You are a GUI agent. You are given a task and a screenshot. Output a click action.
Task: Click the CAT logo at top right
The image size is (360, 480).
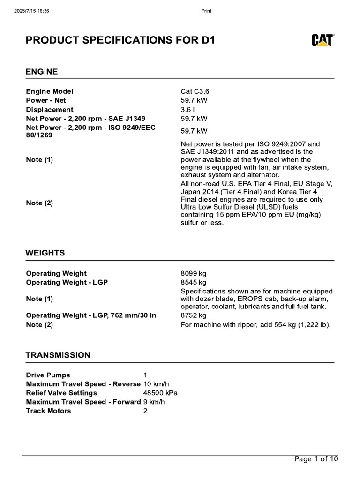[x=322, y=40]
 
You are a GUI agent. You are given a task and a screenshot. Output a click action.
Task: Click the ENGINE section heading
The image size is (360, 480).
[x=42, y=72]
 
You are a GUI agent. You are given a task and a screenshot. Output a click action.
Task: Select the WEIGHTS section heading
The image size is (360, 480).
[x=45, y=253]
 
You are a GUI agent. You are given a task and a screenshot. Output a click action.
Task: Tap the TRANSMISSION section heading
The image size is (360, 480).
[x=58, y=355]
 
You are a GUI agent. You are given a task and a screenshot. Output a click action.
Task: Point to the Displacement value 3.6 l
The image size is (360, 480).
[x=188, y=110]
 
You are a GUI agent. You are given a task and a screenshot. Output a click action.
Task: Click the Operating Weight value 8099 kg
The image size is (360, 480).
[x=194, y=273]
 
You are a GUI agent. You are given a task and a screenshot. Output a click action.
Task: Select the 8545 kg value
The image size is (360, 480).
[x=194, y=282]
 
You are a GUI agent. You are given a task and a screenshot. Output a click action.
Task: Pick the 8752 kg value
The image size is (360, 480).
[x=194, y=315]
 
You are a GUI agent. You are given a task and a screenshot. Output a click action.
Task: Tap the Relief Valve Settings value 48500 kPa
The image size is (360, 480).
[x=160, y=393]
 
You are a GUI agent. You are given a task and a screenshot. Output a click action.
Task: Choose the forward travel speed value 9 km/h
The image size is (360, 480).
[x=154, y=402]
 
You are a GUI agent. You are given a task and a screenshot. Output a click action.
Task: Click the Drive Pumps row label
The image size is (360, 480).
[x=48, y=375]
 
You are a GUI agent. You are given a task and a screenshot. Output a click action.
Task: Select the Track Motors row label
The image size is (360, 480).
[x=48, y=411]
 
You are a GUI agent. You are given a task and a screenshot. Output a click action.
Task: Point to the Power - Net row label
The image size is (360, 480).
[x=46, y=100]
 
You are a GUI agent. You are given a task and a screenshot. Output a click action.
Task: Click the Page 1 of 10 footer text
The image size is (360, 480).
[x=316, y=459]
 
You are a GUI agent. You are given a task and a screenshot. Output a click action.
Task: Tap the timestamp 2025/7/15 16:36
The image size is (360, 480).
[x=32, y=11]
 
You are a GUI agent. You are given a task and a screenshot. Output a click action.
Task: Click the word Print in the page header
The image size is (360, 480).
[x=206, y=11]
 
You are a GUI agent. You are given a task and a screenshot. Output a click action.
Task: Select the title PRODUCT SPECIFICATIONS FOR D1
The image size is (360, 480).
[x=120, y=40]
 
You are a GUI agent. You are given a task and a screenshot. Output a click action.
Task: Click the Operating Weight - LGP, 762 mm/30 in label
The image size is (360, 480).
[x=91, y=315]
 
